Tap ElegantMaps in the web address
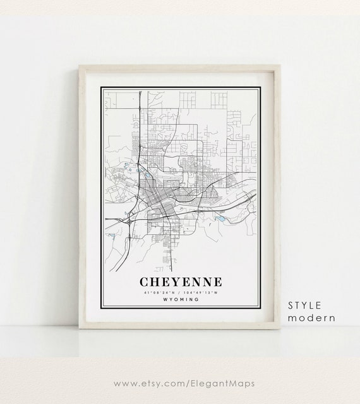[x=212, y=383]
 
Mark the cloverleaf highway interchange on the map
[x=129, y=222]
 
